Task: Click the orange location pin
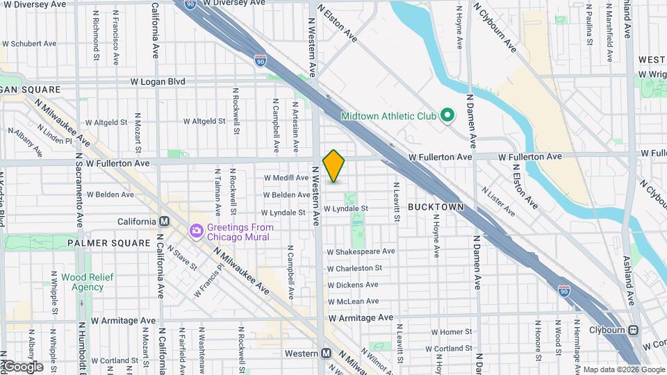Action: [x=333, y=165]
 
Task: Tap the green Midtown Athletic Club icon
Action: [x=448, y=115]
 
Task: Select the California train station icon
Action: [x=165, y=222]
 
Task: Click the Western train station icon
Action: [x=326, y=353]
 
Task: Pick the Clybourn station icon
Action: [x=634, y=330]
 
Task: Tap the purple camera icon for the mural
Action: [x=197, y=231]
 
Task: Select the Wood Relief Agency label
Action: [x=82, y=282]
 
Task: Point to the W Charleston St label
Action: [x=354, y=268]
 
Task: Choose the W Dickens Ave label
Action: [x=352, y=285]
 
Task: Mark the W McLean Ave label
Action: [x=353, y=301]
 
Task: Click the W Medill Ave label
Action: [x=286, y=178]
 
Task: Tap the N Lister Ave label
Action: [x=497, y=201]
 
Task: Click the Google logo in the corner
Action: [x=22, y=367]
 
